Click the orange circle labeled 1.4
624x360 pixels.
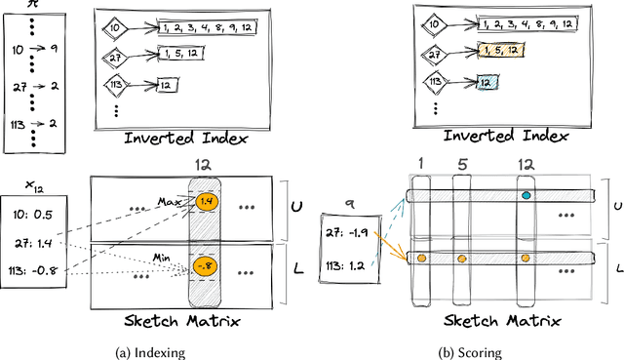point(207,202)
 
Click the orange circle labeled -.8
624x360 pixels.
point(206,266)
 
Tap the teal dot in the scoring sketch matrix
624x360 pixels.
point(526,195)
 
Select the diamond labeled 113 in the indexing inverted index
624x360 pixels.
point(116,85)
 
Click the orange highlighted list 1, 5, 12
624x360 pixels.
point(501,51)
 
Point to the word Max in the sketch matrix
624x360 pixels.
point(170,202)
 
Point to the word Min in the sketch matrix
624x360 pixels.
point(162,259)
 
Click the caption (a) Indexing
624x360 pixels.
point(150,353)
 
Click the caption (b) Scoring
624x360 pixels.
point(470,353)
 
